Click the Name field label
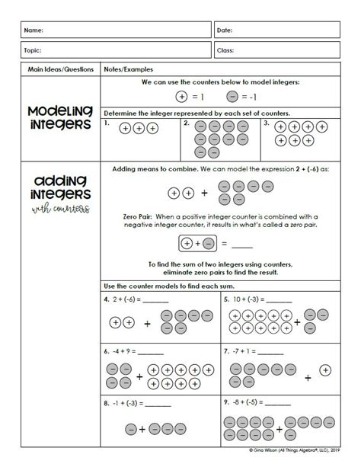(x=34, y=30)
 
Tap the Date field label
(x=225, y=30)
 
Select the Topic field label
(x=34, y=51)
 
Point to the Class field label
(x=226, y=51)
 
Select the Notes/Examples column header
(x=126, y=69)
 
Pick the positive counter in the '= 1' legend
(x=181, y=97)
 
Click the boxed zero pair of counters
(x=196, y=244)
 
